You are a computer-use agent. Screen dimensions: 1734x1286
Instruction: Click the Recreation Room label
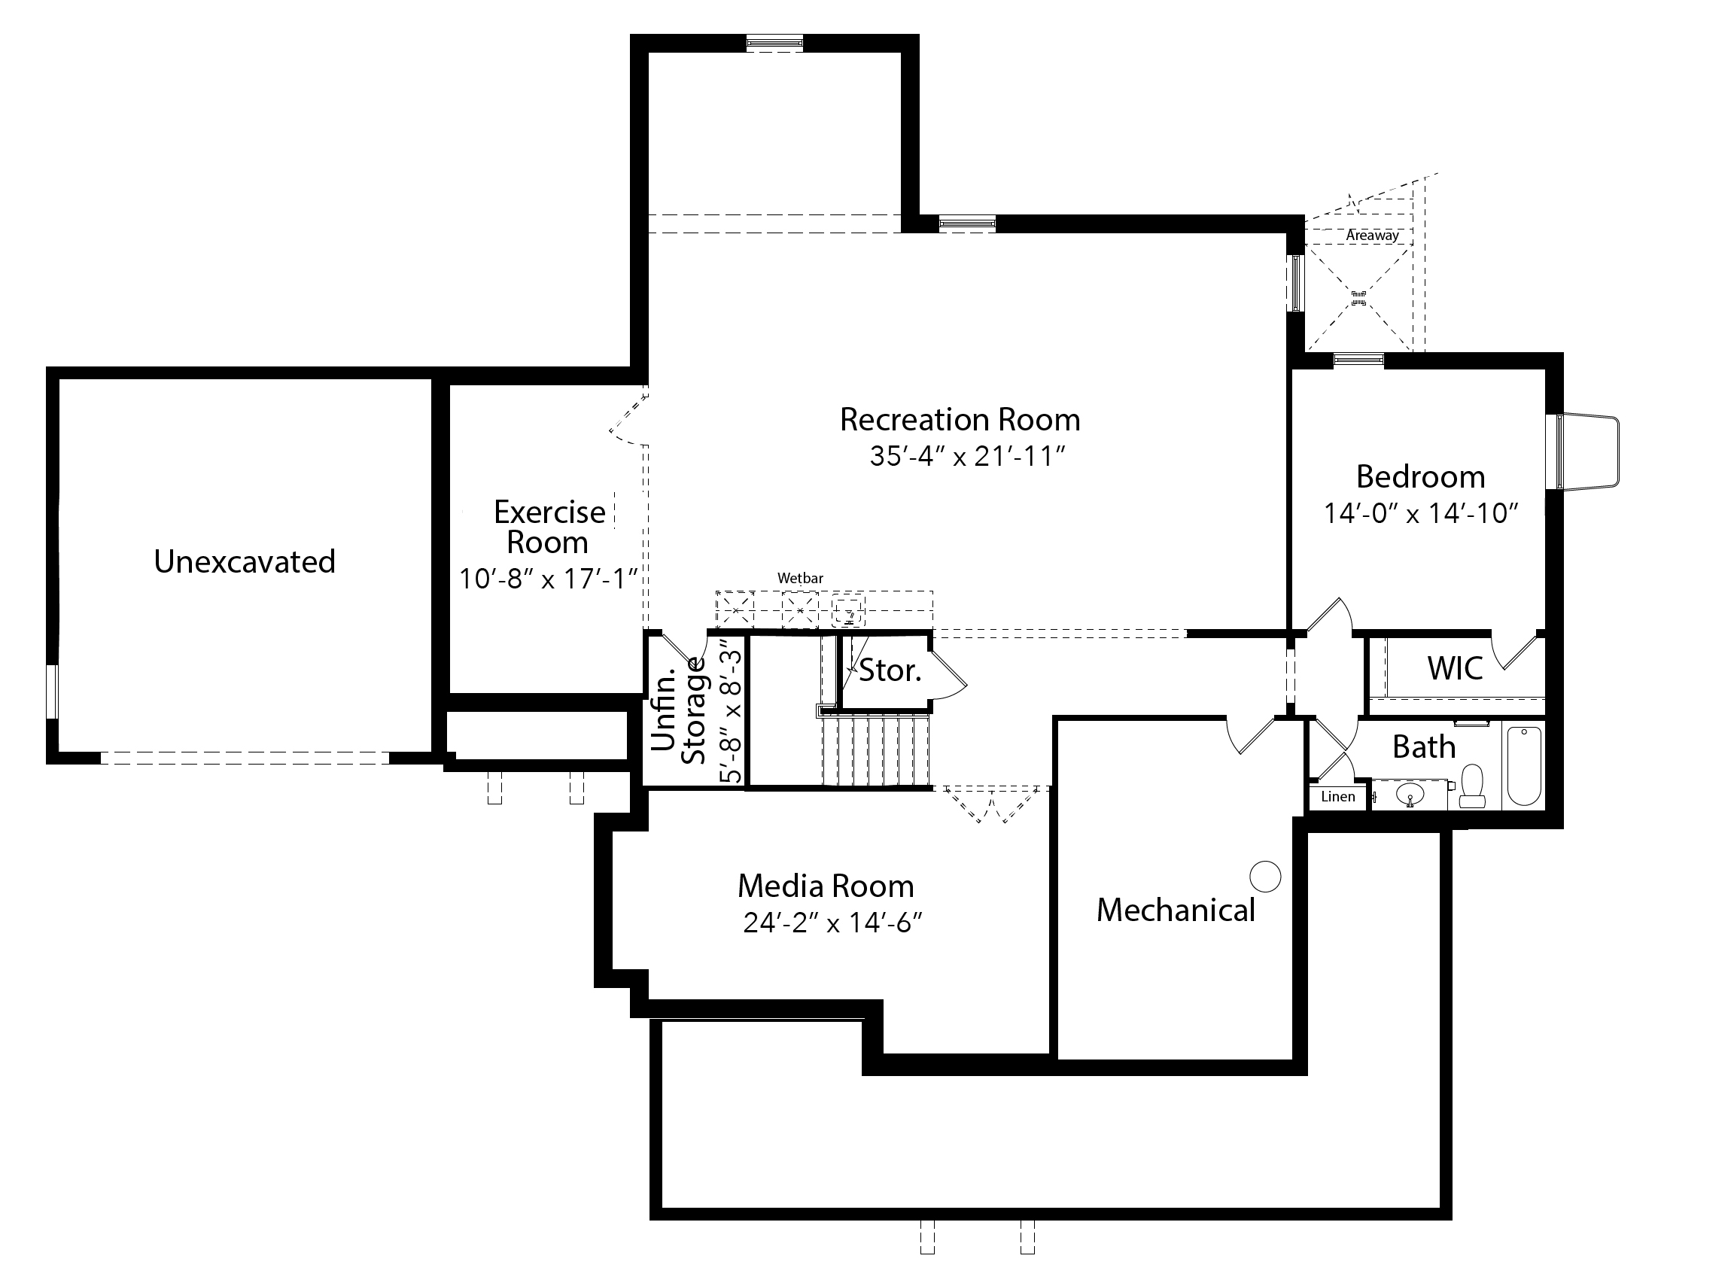pyautogui.click(x=960, y=421)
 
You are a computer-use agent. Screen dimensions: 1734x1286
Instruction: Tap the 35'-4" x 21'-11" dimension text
pyautogui.click(x=967, y=456)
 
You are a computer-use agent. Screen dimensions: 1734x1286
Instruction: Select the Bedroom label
pyautogui.click(x=1421, y=476)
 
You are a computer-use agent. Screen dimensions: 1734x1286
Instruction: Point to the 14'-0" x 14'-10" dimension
pyautogui.click(x=1422, y=514)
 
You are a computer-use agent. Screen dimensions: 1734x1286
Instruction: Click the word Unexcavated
pyautogui.click(x=245, y=561)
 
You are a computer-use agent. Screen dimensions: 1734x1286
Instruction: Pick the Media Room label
pyautogui.click(x=826, y=886)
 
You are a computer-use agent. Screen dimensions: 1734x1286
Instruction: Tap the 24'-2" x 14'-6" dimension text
pyautogui.click(x=832, y=923)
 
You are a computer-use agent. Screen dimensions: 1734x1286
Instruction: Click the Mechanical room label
pyautogui.click(x=1176, y=910)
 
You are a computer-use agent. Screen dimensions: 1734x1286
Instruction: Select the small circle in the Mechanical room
pyautogui.click(x=1265, y=877)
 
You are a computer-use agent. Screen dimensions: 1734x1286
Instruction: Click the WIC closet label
pyautogui.click(x=1456, y=668)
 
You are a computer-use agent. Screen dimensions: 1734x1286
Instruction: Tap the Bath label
pyautogui.click(x=1424, y=747)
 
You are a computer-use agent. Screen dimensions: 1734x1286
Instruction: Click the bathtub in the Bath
pyautogui.click(x=1524, y=765)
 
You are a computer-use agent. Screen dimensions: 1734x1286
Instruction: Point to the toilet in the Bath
pyautogui.click(x=1471, y=786)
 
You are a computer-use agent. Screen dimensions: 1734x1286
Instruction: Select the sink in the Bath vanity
pyautogui.click(x=1410, y=795)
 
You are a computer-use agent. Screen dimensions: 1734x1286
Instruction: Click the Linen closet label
pyautogui.click(x=1337, y=796)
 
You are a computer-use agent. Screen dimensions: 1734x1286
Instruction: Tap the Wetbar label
pyautogui.click(x=801, y=579)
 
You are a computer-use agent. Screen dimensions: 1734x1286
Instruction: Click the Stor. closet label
pyautogui.click(x=890, y=670)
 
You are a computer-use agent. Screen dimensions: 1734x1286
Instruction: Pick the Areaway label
pyautogui.click(x=1373, y=235)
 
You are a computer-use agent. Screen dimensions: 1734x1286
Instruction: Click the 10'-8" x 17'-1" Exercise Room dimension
pyautogui.click(x=548, y=579)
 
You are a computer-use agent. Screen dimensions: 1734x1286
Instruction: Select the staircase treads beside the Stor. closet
pyautogui.click(x=876, y=751)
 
